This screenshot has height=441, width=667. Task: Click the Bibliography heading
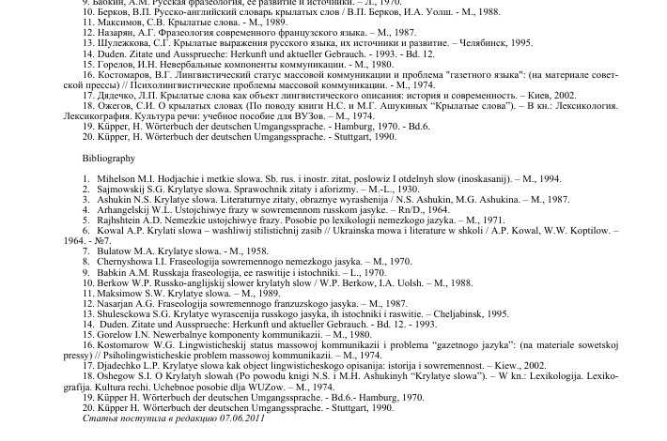click(x=109, y=159)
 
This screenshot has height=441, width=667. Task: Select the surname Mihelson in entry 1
click(x=117, y=178)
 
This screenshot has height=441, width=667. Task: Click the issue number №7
click(x=101, y=241)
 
